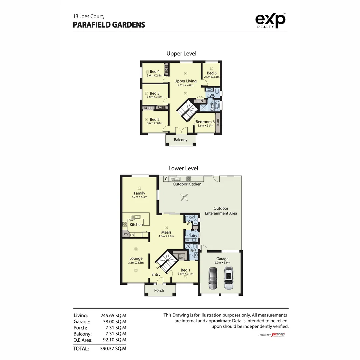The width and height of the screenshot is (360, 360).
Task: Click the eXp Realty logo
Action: pos(270,21)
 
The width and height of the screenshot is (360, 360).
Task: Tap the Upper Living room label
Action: pos(185,81)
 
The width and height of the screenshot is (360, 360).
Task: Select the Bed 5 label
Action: pos(212,73)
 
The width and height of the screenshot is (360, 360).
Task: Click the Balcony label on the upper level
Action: pos(181,140)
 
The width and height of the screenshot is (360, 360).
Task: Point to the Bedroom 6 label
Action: pos(205,122)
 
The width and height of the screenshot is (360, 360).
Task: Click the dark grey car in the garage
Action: pos(212,278)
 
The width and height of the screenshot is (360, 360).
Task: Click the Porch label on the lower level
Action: pos(159,290)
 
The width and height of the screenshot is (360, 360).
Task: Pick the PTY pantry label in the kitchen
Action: pos(126,235)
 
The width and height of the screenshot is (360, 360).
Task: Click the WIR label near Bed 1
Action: pos(181,258)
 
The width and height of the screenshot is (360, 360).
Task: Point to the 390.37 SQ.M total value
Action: pos(113,349)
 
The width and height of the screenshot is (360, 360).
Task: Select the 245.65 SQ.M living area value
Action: pos(113,315)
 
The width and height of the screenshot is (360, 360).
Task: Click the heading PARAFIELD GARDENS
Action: pos(109,25)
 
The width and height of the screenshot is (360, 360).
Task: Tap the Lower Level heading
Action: pos(183,168)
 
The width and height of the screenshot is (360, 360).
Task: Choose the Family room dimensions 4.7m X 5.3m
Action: pos(139,197)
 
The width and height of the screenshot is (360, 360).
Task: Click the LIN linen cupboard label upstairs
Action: pos(200,101)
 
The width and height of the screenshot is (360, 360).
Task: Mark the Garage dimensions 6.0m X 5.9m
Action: pos(222,263)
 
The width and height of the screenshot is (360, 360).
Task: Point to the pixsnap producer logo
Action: pos(278,334)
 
